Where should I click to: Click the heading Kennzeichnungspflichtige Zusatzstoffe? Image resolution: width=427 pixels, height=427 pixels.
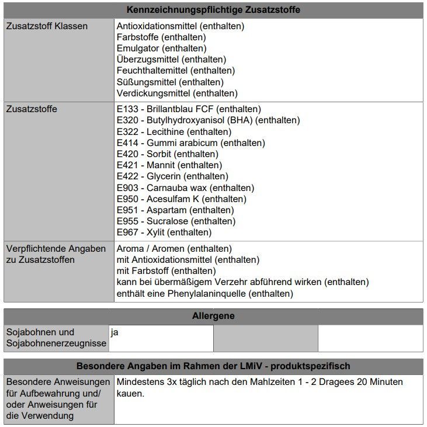[213, 10]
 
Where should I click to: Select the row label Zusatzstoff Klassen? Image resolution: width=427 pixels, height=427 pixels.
[47, 26]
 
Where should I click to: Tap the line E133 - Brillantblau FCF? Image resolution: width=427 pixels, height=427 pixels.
[189, 109]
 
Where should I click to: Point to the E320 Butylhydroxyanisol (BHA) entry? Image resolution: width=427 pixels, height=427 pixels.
[208, 120]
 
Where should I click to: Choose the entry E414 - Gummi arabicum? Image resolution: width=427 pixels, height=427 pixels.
[190, 143]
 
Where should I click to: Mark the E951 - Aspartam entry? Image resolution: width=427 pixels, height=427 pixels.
[175, 210]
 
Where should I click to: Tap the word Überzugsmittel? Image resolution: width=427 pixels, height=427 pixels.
[148, 60]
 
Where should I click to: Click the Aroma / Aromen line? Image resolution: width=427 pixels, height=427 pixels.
[174, 249]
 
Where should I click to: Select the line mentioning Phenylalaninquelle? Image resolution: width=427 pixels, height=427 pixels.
[204, 293]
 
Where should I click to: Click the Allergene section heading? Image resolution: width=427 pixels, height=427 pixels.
[213, 316]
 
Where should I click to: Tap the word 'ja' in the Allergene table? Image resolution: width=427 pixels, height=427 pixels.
[114, 332]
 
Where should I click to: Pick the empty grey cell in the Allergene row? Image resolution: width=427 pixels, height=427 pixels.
[265, 338]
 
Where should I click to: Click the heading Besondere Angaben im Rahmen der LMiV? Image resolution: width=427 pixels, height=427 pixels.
[213, 366]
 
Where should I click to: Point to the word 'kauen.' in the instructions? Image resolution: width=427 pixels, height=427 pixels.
[130, 393]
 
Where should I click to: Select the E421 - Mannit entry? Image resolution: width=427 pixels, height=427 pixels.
[169, 165]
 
